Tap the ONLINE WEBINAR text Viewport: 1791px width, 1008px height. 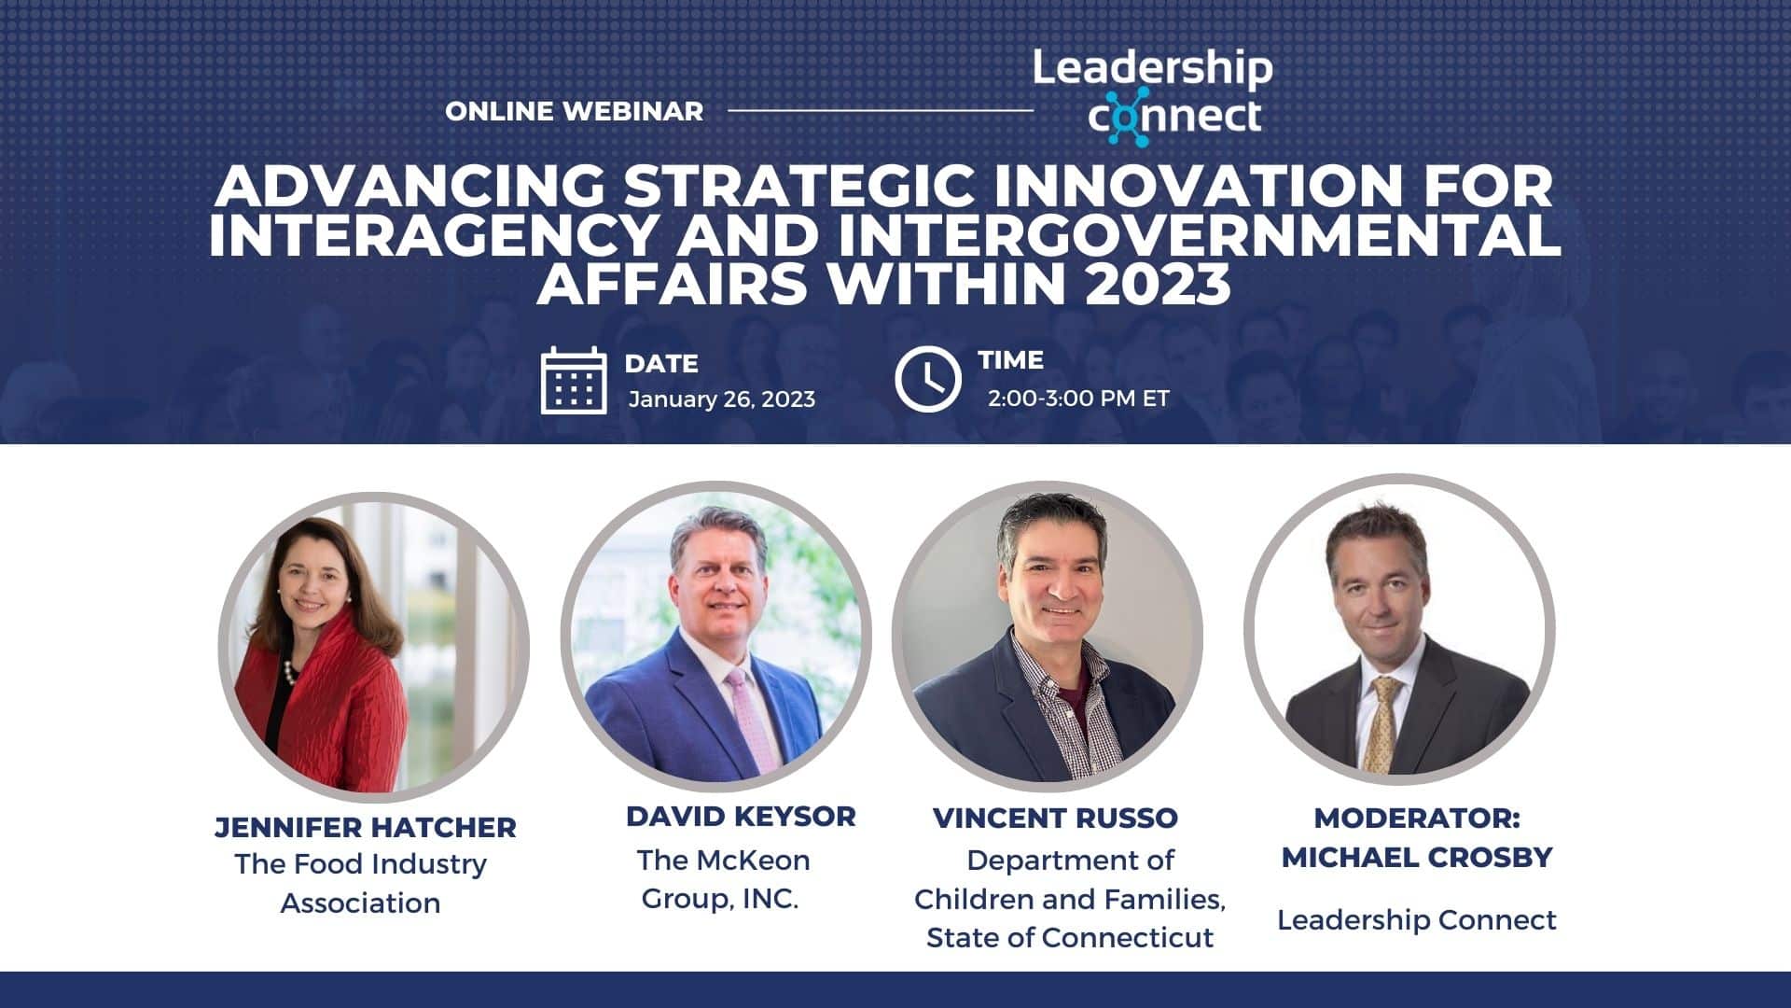click(574, 111)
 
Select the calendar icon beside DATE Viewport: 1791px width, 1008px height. click(574, 380)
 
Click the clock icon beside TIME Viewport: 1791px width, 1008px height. click(927, 380)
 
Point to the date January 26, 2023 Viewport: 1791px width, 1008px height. click(721, 399)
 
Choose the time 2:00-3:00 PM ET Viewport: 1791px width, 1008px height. click(1077, 399)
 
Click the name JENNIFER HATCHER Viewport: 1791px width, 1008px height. click(365, 827)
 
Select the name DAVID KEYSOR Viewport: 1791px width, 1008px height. click(741, 817)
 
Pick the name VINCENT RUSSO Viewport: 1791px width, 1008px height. click(1055, 818)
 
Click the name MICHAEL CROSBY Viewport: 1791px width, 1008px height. click(1416, 857)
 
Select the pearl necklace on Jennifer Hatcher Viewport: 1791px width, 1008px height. click(290, 670)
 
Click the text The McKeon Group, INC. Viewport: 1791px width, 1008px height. click(723, 879)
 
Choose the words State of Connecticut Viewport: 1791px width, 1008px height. click(1070, 937)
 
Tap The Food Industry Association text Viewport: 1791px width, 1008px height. click(361, 883)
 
